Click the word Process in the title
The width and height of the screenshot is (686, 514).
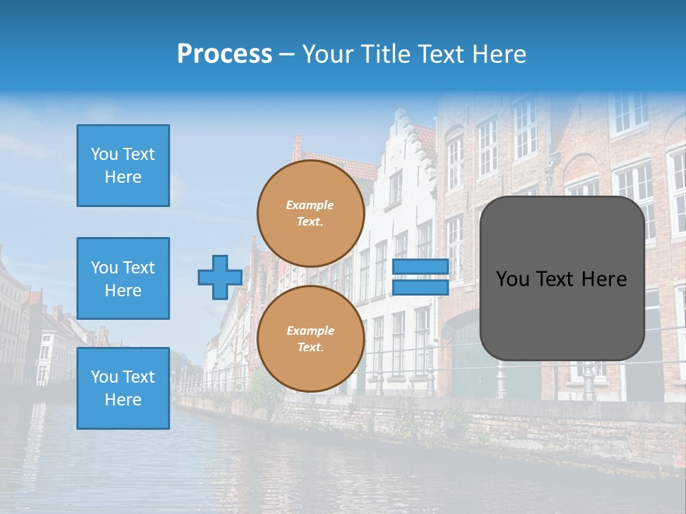click(x=224, y=54)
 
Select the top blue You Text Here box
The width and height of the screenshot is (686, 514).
click(x=123, y=166)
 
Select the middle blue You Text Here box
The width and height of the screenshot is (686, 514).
click(x=123, y=278)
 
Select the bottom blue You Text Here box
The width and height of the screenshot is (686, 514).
click(x=123, y=388)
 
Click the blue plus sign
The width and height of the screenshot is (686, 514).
click(x=220, y=277)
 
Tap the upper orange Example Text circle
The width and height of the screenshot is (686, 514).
click(x=310, y=213)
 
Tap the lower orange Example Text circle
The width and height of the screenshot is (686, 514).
click(x=310, y=339)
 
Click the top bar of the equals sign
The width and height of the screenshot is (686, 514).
click(x=420, y=267)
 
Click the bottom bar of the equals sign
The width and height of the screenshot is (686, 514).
click(x=420, y=287)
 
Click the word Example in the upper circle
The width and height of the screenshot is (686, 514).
click(x=310, y=205)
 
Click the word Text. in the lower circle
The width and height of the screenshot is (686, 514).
click(x=310, y=348)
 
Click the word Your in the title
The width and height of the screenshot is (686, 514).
click(x=327, y=54)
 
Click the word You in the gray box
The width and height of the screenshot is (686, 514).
click(x=512, y=279)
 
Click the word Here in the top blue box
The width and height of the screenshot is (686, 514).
click(x=123, y=177)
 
